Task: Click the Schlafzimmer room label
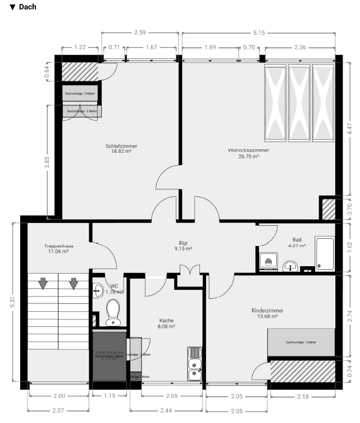(121, 146)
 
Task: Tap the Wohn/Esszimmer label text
(248, 151)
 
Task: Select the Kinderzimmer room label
(267, 310)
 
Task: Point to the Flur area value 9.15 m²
(183, 248)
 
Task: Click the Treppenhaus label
(59, 246)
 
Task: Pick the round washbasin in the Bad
(290, 266)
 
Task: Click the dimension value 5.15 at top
(258, 33)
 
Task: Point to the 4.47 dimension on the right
(349, 130)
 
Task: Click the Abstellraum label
(109, 352)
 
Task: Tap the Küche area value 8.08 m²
(167, 326)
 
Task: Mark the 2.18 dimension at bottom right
(302, 397)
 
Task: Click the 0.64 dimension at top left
(47, 71)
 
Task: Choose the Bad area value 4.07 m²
(297, 245)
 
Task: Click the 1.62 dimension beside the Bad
(349, 245)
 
